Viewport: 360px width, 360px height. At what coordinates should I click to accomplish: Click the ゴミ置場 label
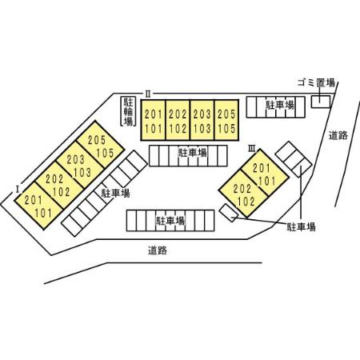pos(316,82)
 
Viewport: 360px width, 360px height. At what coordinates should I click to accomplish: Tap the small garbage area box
pos(321,102)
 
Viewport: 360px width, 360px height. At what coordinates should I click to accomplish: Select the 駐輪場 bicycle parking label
pos(128,111)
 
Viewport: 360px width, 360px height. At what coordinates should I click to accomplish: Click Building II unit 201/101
pos(154,120)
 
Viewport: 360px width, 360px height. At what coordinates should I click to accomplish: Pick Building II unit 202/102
pos(178,120)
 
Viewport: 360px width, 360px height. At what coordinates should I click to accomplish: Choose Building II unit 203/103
pos(202,120)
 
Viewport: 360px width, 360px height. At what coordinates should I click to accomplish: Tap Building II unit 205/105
pos(226,120)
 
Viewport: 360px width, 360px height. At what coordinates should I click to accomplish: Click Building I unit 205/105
pos(101,145)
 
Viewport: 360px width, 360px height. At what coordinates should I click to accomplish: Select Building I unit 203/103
pos(80,165)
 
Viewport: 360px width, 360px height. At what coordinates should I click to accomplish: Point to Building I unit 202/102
pos(59,186)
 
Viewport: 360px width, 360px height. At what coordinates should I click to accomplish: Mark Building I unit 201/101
pos(38,206)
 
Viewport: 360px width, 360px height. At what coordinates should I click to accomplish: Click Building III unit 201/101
pos(265,173)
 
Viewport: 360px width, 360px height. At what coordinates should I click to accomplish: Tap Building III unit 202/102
pos(243,194)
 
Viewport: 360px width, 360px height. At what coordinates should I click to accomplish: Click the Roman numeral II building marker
pos(148,94)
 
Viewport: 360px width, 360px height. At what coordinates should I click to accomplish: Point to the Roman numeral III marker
pos(252,148)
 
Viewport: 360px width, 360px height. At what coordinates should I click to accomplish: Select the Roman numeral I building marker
pos(18,190)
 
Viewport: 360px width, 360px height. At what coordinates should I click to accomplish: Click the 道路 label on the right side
pos(338,136)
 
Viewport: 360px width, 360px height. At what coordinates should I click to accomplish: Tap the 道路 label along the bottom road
pos(158,250)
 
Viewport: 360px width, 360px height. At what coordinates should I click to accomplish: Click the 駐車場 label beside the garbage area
pos(280,105)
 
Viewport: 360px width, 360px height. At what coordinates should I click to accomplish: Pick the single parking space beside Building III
pos(229,213)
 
